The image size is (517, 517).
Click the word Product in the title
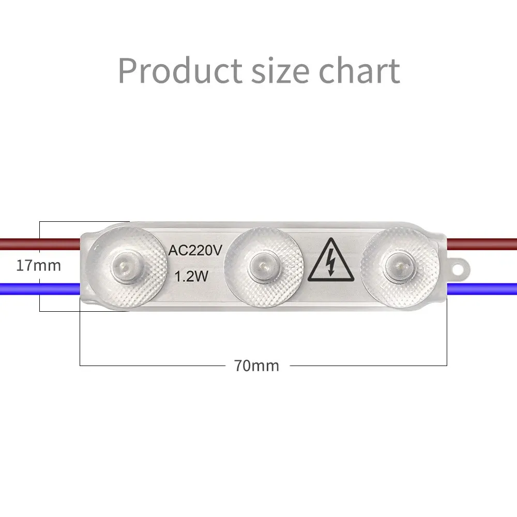[180, 70]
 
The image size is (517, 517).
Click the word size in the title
[281, 70]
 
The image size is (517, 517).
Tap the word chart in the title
[359, 70]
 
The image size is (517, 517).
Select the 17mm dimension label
[39, 266]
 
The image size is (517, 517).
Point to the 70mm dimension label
[256, 366]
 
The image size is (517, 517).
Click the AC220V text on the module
[195, 251]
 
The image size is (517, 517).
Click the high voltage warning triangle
[331, 261]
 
